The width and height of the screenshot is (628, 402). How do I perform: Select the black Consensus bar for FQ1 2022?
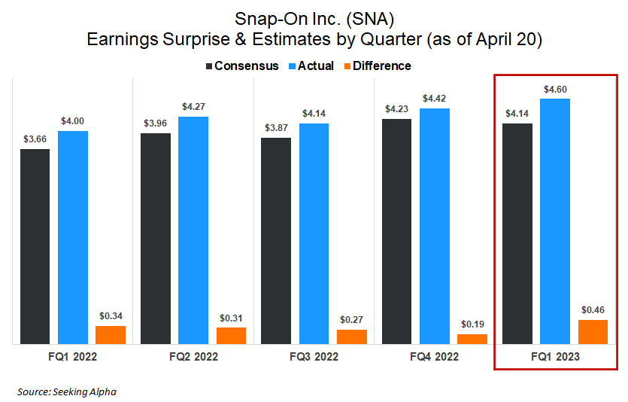click(x=35, y=246)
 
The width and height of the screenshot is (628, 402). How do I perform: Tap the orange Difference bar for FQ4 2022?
click(x=472, y=339)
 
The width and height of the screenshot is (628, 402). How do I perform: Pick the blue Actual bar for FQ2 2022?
click(x=193, y=230)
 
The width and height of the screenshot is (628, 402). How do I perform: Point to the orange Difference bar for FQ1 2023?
click(x=593, y=332)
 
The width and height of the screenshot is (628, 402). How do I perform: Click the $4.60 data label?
click(x=555, y=90)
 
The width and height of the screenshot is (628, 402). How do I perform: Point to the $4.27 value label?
click(x=194, y=107)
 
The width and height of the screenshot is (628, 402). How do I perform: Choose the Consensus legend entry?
click(x=241, y=66)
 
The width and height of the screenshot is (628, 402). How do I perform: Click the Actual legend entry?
click(x=310, y=66)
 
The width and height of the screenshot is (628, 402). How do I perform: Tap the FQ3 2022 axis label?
click(x=314, y=357)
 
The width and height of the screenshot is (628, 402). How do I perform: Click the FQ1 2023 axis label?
click(x=555, y=357)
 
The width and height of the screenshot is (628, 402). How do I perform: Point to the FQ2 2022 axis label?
click(x=193, y=357)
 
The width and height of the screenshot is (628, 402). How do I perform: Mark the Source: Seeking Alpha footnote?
click(x=67, y=391)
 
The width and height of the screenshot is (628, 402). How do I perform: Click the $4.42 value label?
click(x=435, y=99)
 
